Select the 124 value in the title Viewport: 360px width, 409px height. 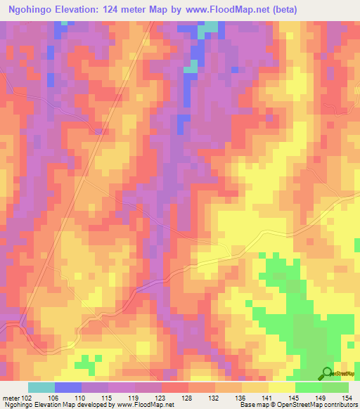point(125,10)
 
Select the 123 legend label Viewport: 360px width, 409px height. point(162,398)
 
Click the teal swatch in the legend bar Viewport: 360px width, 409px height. point(41,387)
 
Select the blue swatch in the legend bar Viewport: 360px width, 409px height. point(68,387)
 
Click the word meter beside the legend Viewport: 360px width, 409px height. point(11,398)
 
